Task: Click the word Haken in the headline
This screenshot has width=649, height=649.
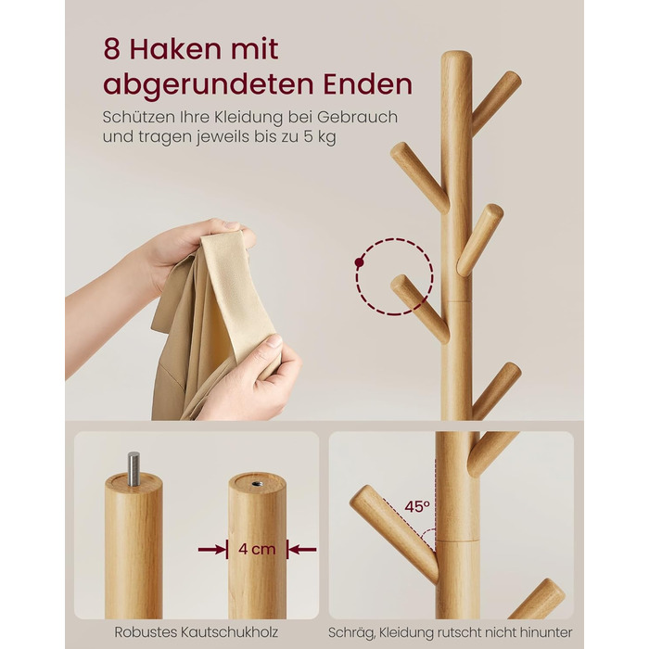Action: [175, 49]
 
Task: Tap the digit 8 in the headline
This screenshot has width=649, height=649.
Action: [111, 49]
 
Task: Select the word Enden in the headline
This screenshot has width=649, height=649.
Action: [367, 84]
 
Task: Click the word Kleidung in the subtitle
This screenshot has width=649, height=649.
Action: [248, 118]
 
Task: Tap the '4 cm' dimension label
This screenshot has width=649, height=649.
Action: [257, 549]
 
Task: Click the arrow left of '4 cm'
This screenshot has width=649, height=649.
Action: [212, 550]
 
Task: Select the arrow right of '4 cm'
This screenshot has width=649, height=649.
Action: [302, 550]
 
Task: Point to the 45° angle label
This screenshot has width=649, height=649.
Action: [417, 506]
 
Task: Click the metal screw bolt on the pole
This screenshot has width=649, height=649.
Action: [134, 469]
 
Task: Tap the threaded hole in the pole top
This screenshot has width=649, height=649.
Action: [257, 483]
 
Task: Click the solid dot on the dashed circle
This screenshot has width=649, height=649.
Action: [360, 262]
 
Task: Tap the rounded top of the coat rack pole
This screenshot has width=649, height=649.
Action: [456, 57]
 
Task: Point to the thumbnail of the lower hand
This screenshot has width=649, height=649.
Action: [274, 341]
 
